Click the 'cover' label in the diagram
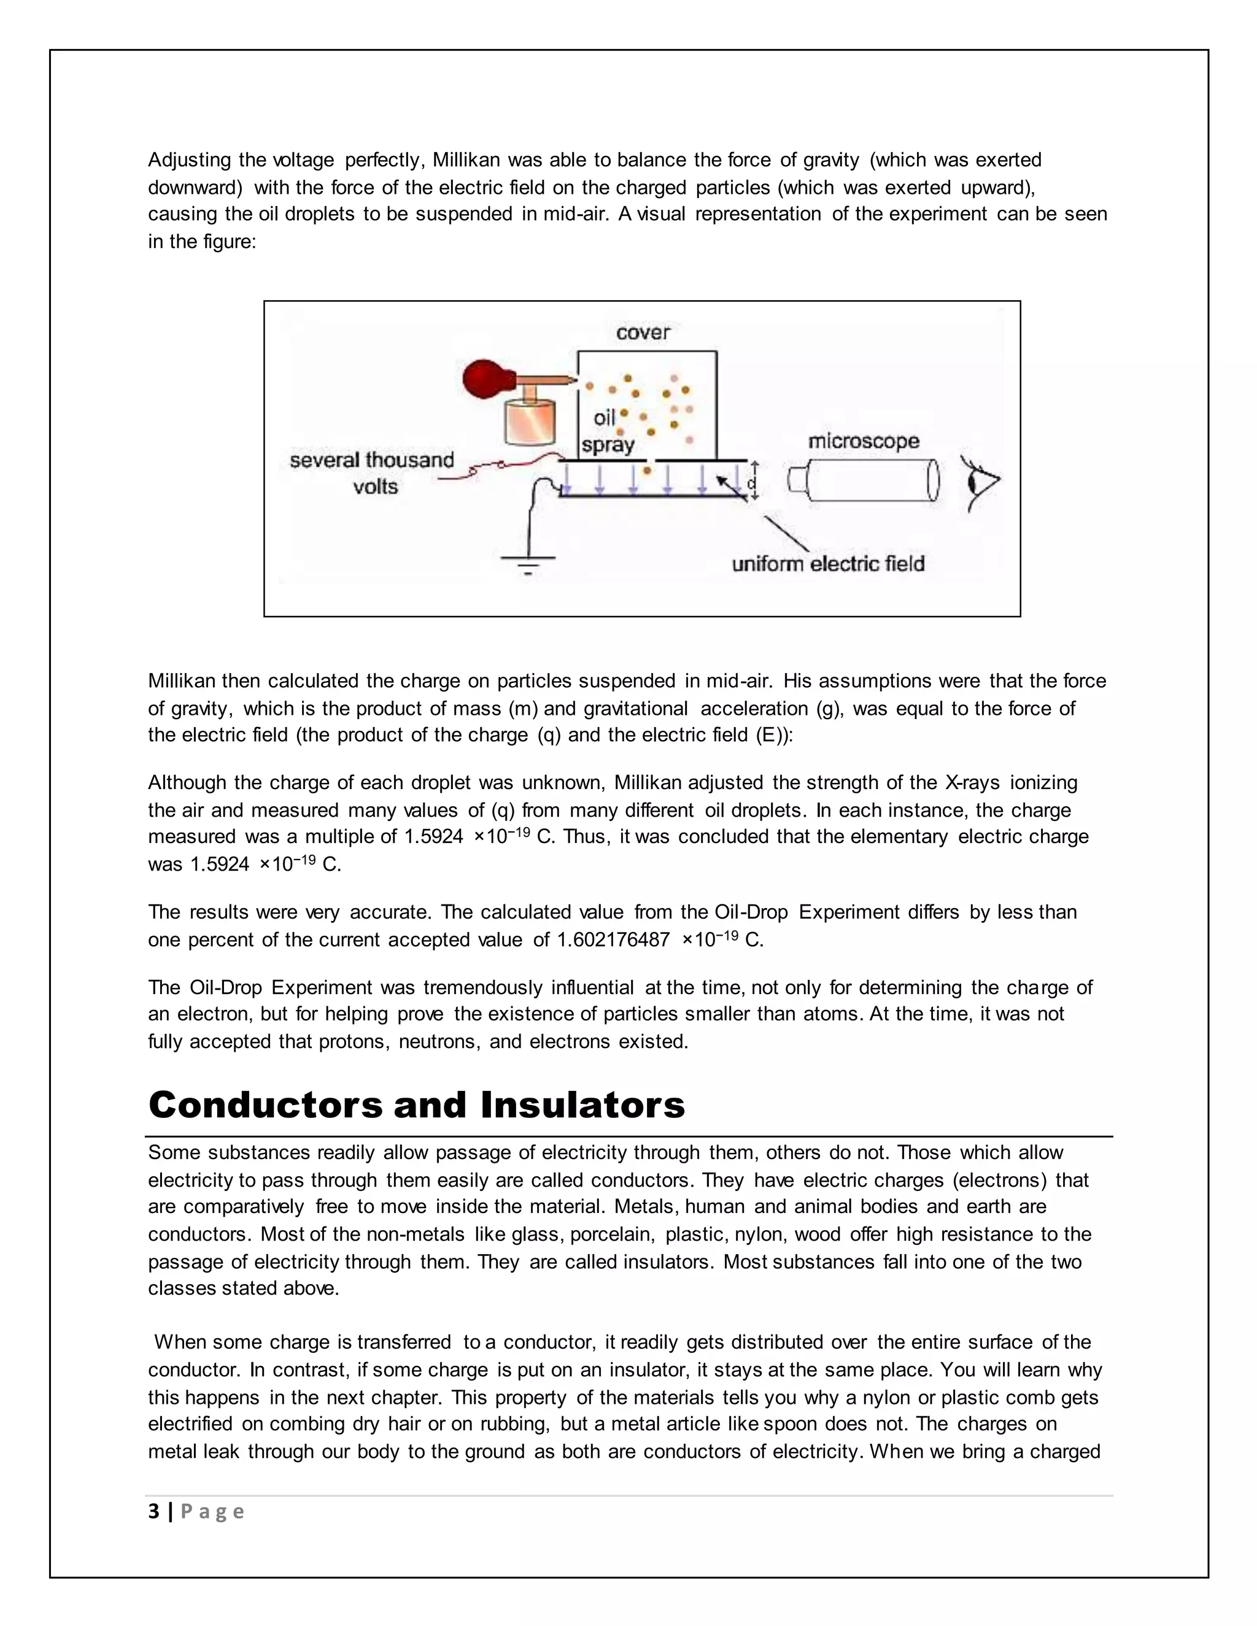(x=643, y=332)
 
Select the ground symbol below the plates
(x=528, y=564)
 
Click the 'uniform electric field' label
(x=828, y=564)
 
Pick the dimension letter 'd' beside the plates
(x=751, y=483)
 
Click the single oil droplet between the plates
(x=646, y=470)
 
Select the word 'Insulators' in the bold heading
(x=582, y=1105)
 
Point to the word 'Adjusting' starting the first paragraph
(x=190, y=160)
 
